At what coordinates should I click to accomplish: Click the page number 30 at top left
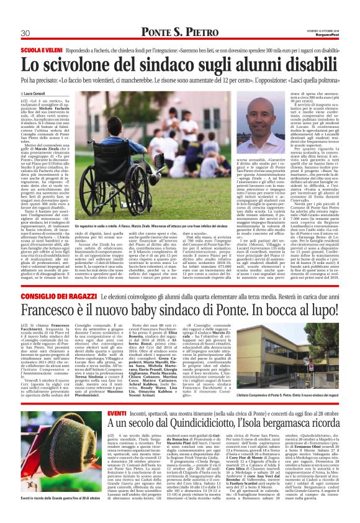pos(25,33)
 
